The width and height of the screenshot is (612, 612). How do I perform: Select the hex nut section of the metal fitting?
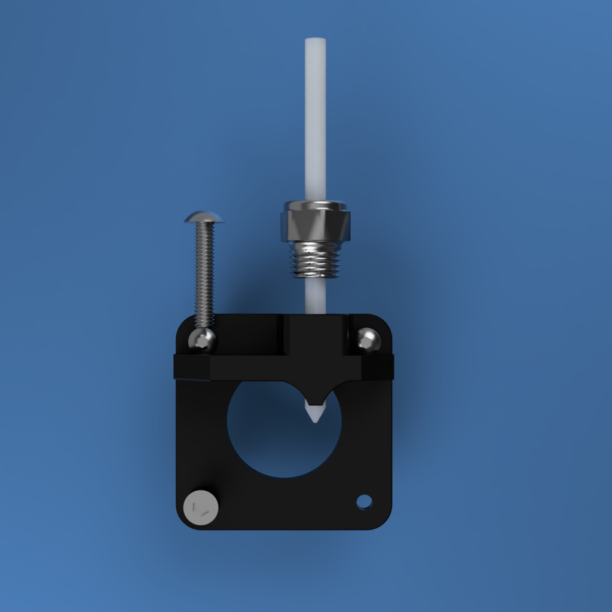pos(315,225)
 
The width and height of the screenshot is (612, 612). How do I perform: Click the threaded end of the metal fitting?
pos(315,262)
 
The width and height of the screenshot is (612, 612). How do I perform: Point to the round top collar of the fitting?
pos(315,205)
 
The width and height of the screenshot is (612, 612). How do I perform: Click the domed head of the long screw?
pos(204,216)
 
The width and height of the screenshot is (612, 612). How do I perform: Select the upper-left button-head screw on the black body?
pos(202,339)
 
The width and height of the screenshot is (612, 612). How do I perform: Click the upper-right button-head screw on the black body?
pos(368,339)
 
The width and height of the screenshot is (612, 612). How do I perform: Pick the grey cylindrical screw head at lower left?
pos(201,507)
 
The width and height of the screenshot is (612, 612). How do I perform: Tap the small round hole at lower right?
pos(364,501)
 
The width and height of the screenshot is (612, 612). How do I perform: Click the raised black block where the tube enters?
pos(315,335)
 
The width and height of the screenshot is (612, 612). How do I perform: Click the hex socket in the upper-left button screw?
pos(203,341)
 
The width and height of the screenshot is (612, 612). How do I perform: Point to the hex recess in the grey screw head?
pos(201,509)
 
